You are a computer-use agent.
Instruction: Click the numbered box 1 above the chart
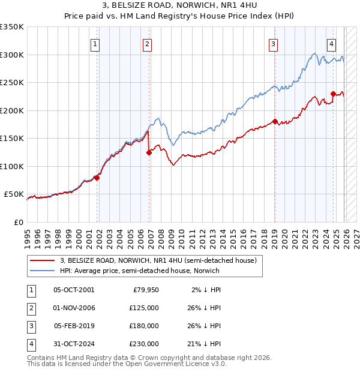click(95, 43)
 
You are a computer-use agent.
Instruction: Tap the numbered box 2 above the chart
click(147, 43)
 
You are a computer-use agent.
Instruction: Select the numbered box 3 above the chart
click(273, 43)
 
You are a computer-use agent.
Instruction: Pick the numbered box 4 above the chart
click(331, 43)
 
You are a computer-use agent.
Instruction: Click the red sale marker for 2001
click(97, 178)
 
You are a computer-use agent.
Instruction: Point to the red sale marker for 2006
click(149, 152)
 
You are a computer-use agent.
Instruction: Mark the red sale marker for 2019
click(275, 122)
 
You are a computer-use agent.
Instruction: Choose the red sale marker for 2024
click(333, 94)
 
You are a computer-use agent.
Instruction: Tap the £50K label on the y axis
click(14, 194)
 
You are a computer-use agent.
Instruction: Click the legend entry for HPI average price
click(139, 271)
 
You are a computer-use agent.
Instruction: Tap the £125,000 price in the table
click(143, 308)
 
